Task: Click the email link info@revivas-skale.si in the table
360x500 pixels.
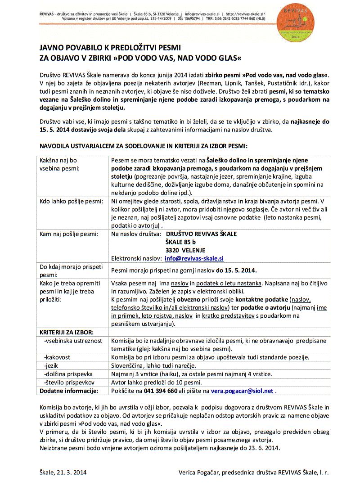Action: [194, 258]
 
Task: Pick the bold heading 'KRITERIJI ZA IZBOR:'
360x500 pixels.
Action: [67, 332]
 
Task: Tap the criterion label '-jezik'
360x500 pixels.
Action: [51, 365]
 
